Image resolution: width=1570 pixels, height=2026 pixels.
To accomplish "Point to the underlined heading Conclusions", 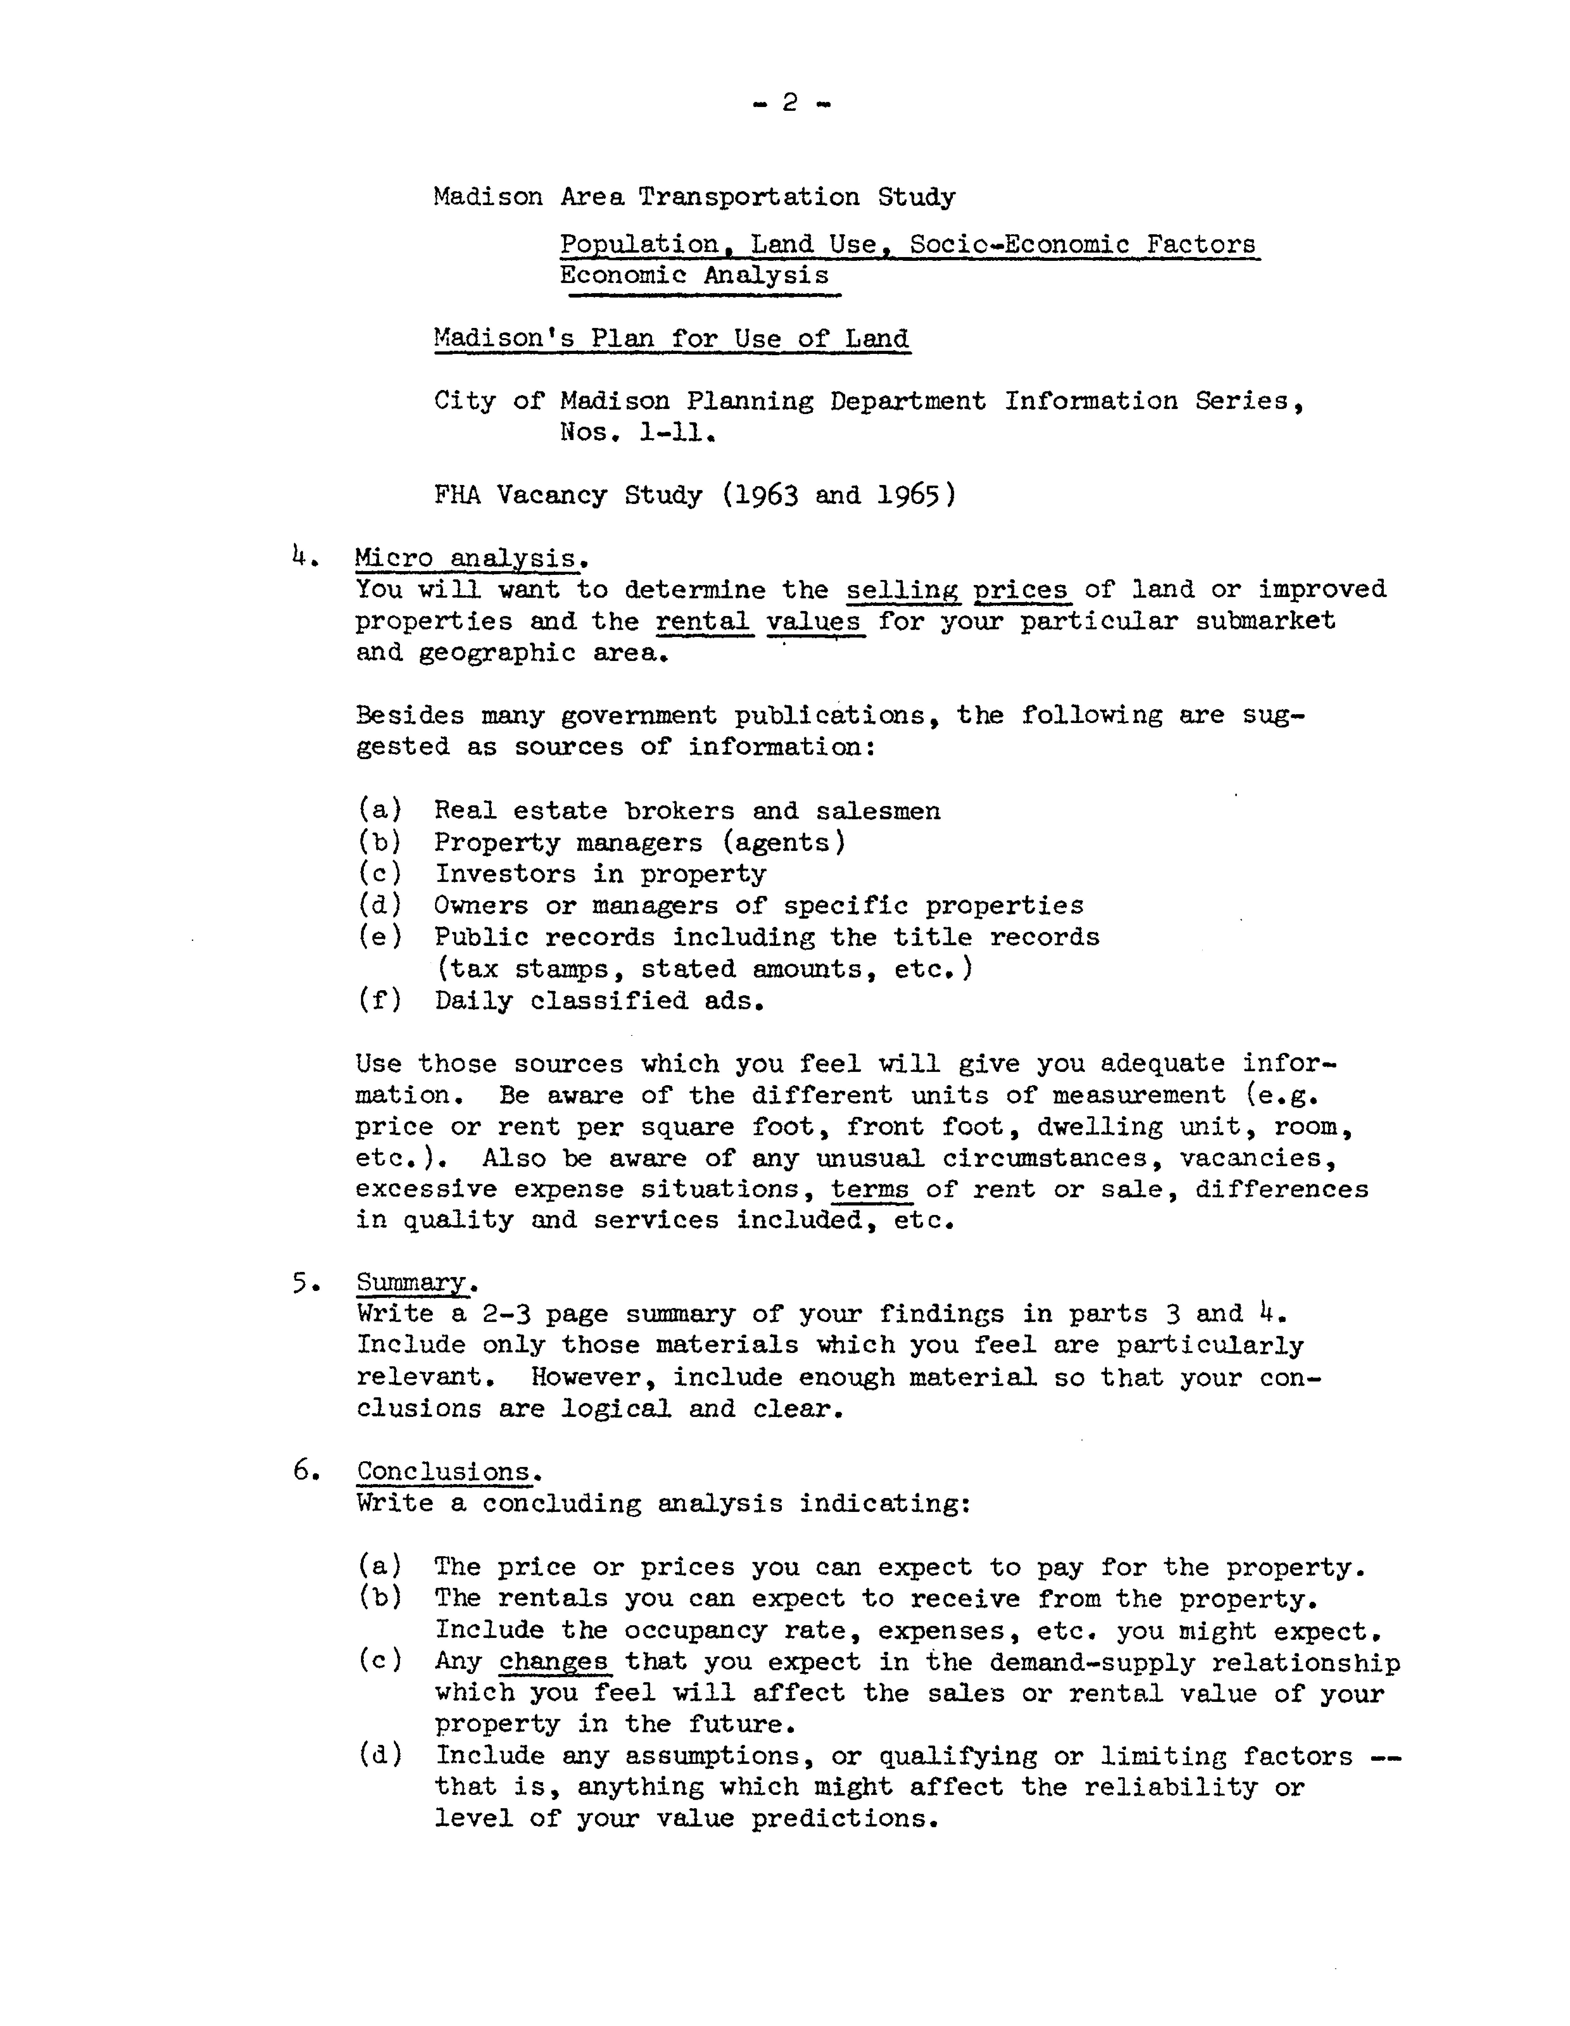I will pos(446,1471).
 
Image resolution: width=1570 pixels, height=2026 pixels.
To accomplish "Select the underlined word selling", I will pos(902,590).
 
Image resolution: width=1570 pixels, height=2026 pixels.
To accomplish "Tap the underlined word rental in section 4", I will pos(702,621).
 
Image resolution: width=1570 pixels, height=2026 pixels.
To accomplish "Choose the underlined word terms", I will pos(870,1189).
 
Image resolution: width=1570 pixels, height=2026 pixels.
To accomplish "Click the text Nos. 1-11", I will pos(636,432).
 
